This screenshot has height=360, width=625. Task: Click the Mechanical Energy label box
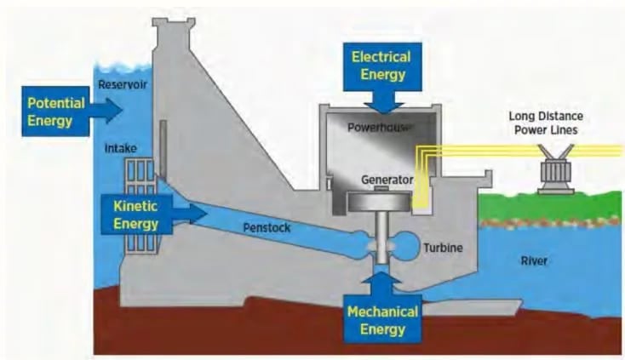[382, 319]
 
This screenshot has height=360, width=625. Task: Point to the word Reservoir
[123, 84]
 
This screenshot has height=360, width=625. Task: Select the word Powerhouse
[380, 127]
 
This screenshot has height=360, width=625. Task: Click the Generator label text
[386, 180]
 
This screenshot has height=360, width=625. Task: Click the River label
[534, 261]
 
